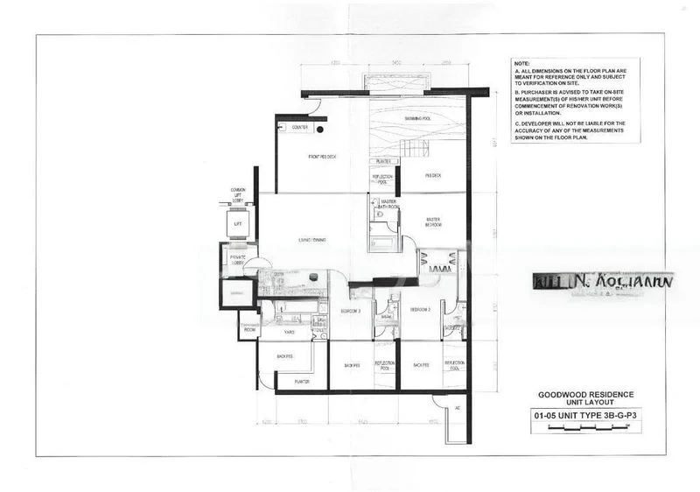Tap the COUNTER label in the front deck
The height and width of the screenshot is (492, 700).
click(x=299, y=128)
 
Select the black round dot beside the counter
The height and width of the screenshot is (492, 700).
click(x=320, y=129)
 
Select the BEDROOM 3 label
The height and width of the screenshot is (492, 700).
click(x=351, y=310)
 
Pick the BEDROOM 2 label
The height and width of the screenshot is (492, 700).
click(x=421, y=310)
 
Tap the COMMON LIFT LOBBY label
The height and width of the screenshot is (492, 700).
click(x=238, y=193)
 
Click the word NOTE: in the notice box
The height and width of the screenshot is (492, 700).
click(x=523, y=65)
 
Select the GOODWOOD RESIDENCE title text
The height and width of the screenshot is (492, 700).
click(x=574, y=395)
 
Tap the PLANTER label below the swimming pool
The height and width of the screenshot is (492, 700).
click(x=382, y=161)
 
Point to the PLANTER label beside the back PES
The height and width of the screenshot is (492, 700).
click(x=302, y=383)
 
